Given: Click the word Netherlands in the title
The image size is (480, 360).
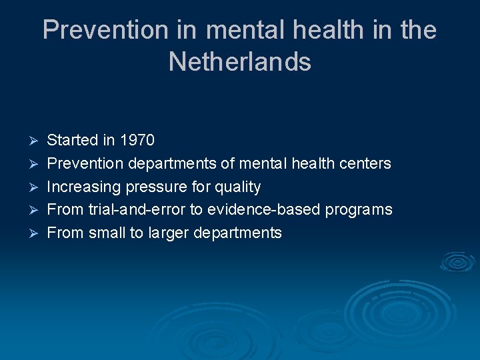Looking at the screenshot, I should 240,62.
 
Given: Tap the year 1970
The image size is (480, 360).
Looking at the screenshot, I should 137,140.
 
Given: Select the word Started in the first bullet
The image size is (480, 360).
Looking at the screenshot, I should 73,140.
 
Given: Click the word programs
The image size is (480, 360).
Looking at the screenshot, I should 359,210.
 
